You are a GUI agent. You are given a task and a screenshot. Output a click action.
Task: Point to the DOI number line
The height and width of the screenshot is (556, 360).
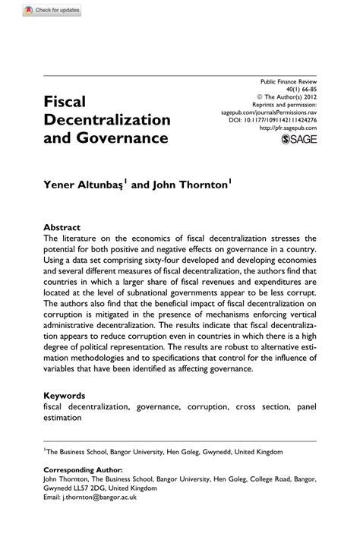[x=273, y=120]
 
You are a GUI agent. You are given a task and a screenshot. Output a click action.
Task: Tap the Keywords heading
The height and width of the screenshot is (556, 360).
[x=65, y=396]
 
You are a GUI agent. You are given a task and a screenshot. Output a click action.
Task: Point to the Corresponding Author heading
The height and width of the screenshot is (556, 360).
[x=83, y=469]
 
